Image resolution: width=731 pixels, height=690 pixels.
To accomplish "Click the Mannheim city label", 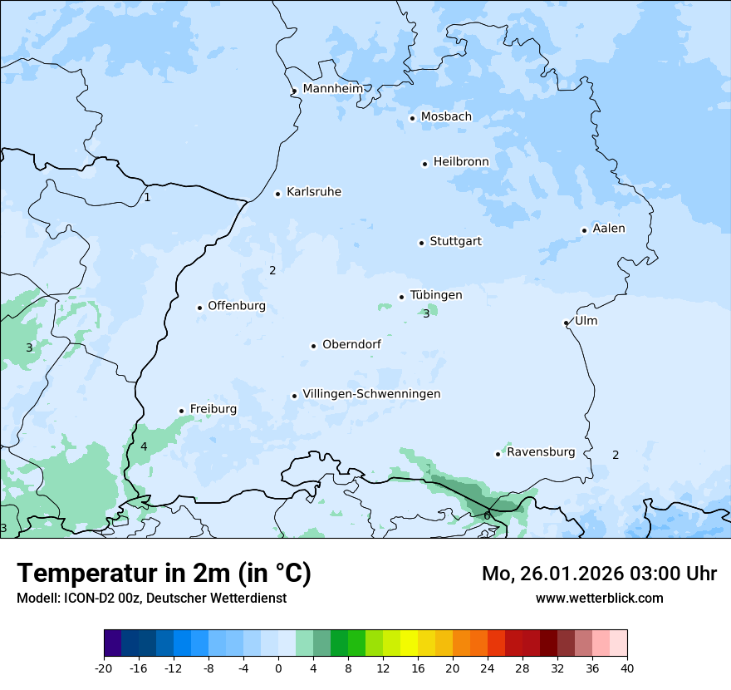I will click(333, 88).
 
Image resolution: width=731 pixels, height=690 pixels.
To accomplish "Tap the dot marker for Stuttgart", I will click(421, 243).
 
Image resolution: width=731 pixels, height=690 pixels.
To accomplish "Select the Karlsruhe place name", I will click(314, 192).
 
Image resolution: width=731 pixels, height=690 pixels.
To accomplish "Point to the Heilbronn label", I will click(461, 161).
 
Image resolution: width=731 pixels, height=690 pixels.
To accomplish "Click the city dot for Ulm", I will click(566, 323).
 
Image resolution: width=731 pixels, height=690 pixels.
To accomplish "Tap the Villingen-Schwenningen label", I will click(371, 394).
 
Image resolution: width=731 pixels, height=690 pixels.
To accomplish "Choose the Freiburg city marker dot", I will click(181, 411).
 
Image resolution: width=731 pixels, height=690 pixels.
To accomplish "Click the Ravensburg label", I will click(541, 452).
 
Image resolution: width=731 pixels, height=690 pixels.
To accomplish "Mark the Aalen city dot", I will click(584, 230).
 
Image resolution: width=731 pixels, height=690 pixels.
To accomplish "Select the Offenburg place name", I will click(237, 306).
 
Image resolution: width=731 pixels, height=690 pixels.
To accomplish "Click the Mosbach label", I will click(446, 116).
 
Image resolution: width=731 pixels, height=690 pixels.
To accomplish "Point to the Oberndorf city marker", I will click(313, 346).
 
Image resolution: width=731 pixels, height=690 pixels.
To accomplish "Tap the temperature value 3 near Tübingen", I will click(426, 313).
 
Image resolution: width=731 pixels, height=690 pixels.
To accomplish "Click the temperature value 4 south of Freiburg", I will click(144, 446).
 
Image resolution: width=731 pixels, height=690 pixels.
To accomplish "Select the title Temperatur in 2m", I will click(164, 574).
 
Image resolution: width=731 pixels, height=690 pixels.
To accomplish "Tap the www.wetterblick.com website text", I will click(599, 598).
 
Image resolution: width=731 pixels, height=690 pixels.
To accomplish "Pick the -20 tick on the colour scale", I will click(104, 668).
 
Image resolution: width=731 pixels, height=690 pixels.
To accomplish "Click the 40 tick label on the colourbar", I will click(626, 668).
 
